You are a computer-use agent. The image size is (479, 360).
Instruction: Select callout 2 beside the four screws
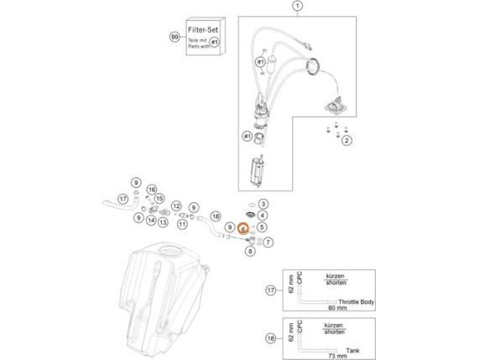pos(346,142)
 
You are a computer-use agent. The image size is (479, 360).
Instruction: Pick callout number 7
pos(268,243)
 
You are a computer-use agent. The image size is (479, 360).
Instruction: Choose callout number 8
pos(250,249)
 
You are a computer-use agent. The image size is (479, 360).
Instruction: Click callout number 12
pos(176,206)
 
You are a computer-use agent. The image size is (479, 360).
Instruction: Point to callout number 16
pos(152,190)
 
